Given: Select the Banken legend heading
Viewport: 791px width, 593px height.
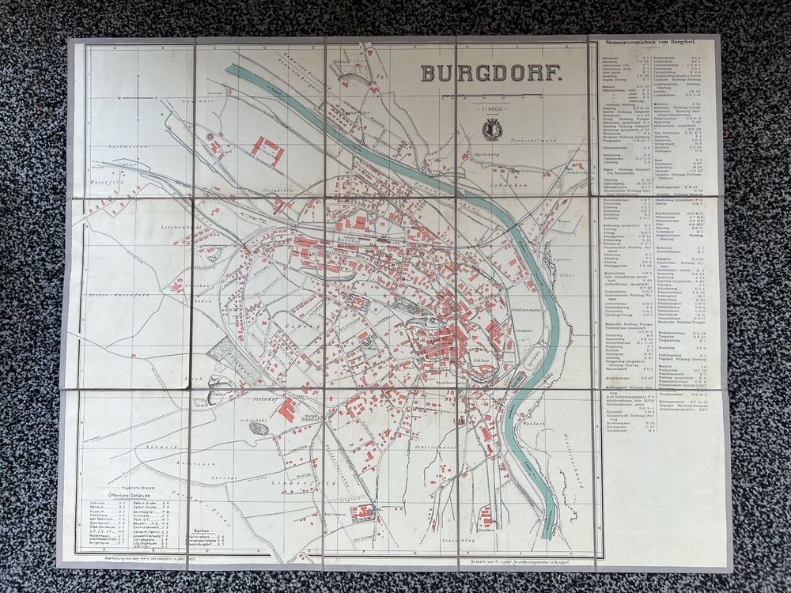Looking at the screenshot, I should (x=203, y=530).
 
